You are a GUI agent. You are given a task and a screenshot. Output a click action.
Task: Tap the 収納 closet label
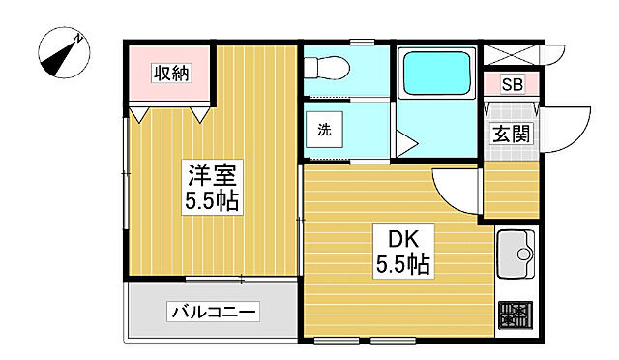click(x=170, y=72)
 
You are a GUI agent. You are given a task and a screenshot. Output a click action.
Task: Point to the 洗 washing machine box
click(x=324, y=131)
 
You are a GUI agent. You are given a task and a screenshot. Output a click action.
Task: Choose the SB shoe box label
click(x=512, y=84)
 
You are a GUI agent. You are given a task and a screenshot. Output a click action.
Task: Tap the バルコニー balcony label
click(x=214, y=313)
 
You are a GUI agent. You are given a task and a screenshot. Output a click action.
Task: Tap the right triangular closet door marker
click(x=200, y=114)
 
